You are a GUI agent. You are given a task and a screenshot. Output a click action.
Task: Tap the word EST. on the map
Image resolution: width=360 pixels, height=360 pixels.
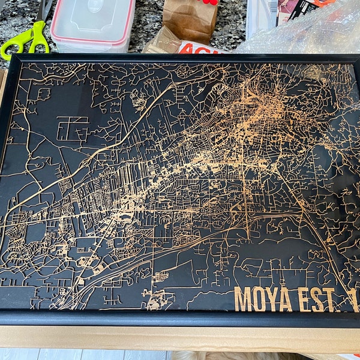coord(321,299)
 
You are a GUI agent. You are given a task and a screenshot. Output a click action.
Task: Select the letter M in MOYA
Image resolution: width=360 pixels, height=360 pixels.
coord(244,299)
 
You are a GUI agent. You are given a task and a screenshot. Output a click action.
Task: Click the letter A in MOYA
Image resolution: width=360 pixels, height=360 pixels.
coord(284,299)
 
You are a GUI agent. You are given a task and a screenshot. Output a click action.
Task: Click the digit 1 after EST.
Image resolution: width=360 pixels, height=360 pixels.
coord(353,299)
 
